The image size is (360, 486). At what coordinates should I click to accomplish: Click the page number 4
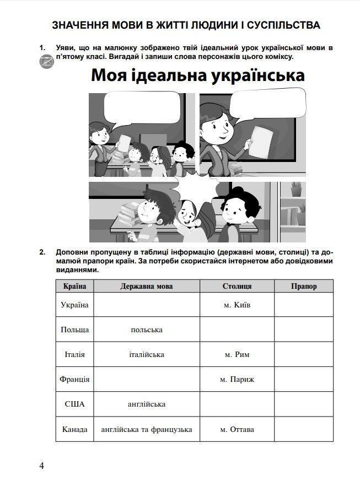pos(41,466)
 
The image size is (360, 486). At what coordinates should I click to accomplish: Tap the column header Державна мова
pos(146,287)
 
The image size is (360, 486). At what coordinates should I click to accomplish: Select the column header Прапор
pos(304,287)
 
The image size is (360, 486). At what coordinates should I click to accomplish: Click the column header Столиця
pos(237,287)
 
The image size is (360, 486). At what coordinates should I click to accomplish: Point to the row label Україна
pos(74,305)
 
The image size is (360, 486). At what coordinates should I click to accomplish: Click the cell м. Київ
pos(237,305)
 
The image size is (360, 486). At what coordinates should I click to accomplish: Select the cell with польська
pos(146,330)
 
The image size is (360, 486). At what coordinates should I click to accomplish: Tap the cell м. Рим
pos(237,354)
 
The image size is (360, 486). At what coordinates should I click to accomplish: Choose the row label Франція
pos(74,379)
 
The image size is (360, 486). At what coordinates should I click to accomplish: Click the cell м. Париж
pos(237,379)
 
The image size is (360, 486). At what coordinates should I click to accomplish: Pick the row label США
pos(74,404)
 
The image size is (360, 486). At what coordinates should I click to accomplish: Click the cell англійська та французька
pos(146,429)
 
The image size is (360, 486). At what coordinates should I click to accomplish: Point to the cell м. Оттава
pos(237,429)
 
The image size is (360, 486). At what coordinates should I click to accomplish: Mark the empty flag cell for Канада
pos(304,429)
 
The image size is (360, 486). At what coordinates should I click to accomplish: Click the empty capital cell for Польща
pos(237,330)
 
